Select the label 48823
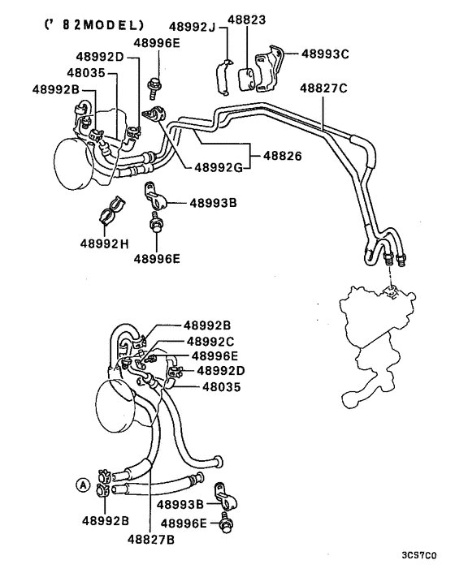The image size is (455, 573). pyautogui.click(x=249, y=19)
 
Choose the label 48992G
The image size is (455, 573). pyautogui.click(x=215, y=168)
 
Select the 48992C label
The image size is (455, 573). pyautogui.click(x=210, y=341)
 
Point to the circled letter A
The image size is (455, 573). pyautogui.click(x=81, y=485)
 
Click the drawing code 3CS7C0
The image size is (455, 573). pyautogui.click(x=418, y=556)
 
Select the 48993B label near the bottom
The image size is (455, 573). pyautogui.click(x=183, y=505)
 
